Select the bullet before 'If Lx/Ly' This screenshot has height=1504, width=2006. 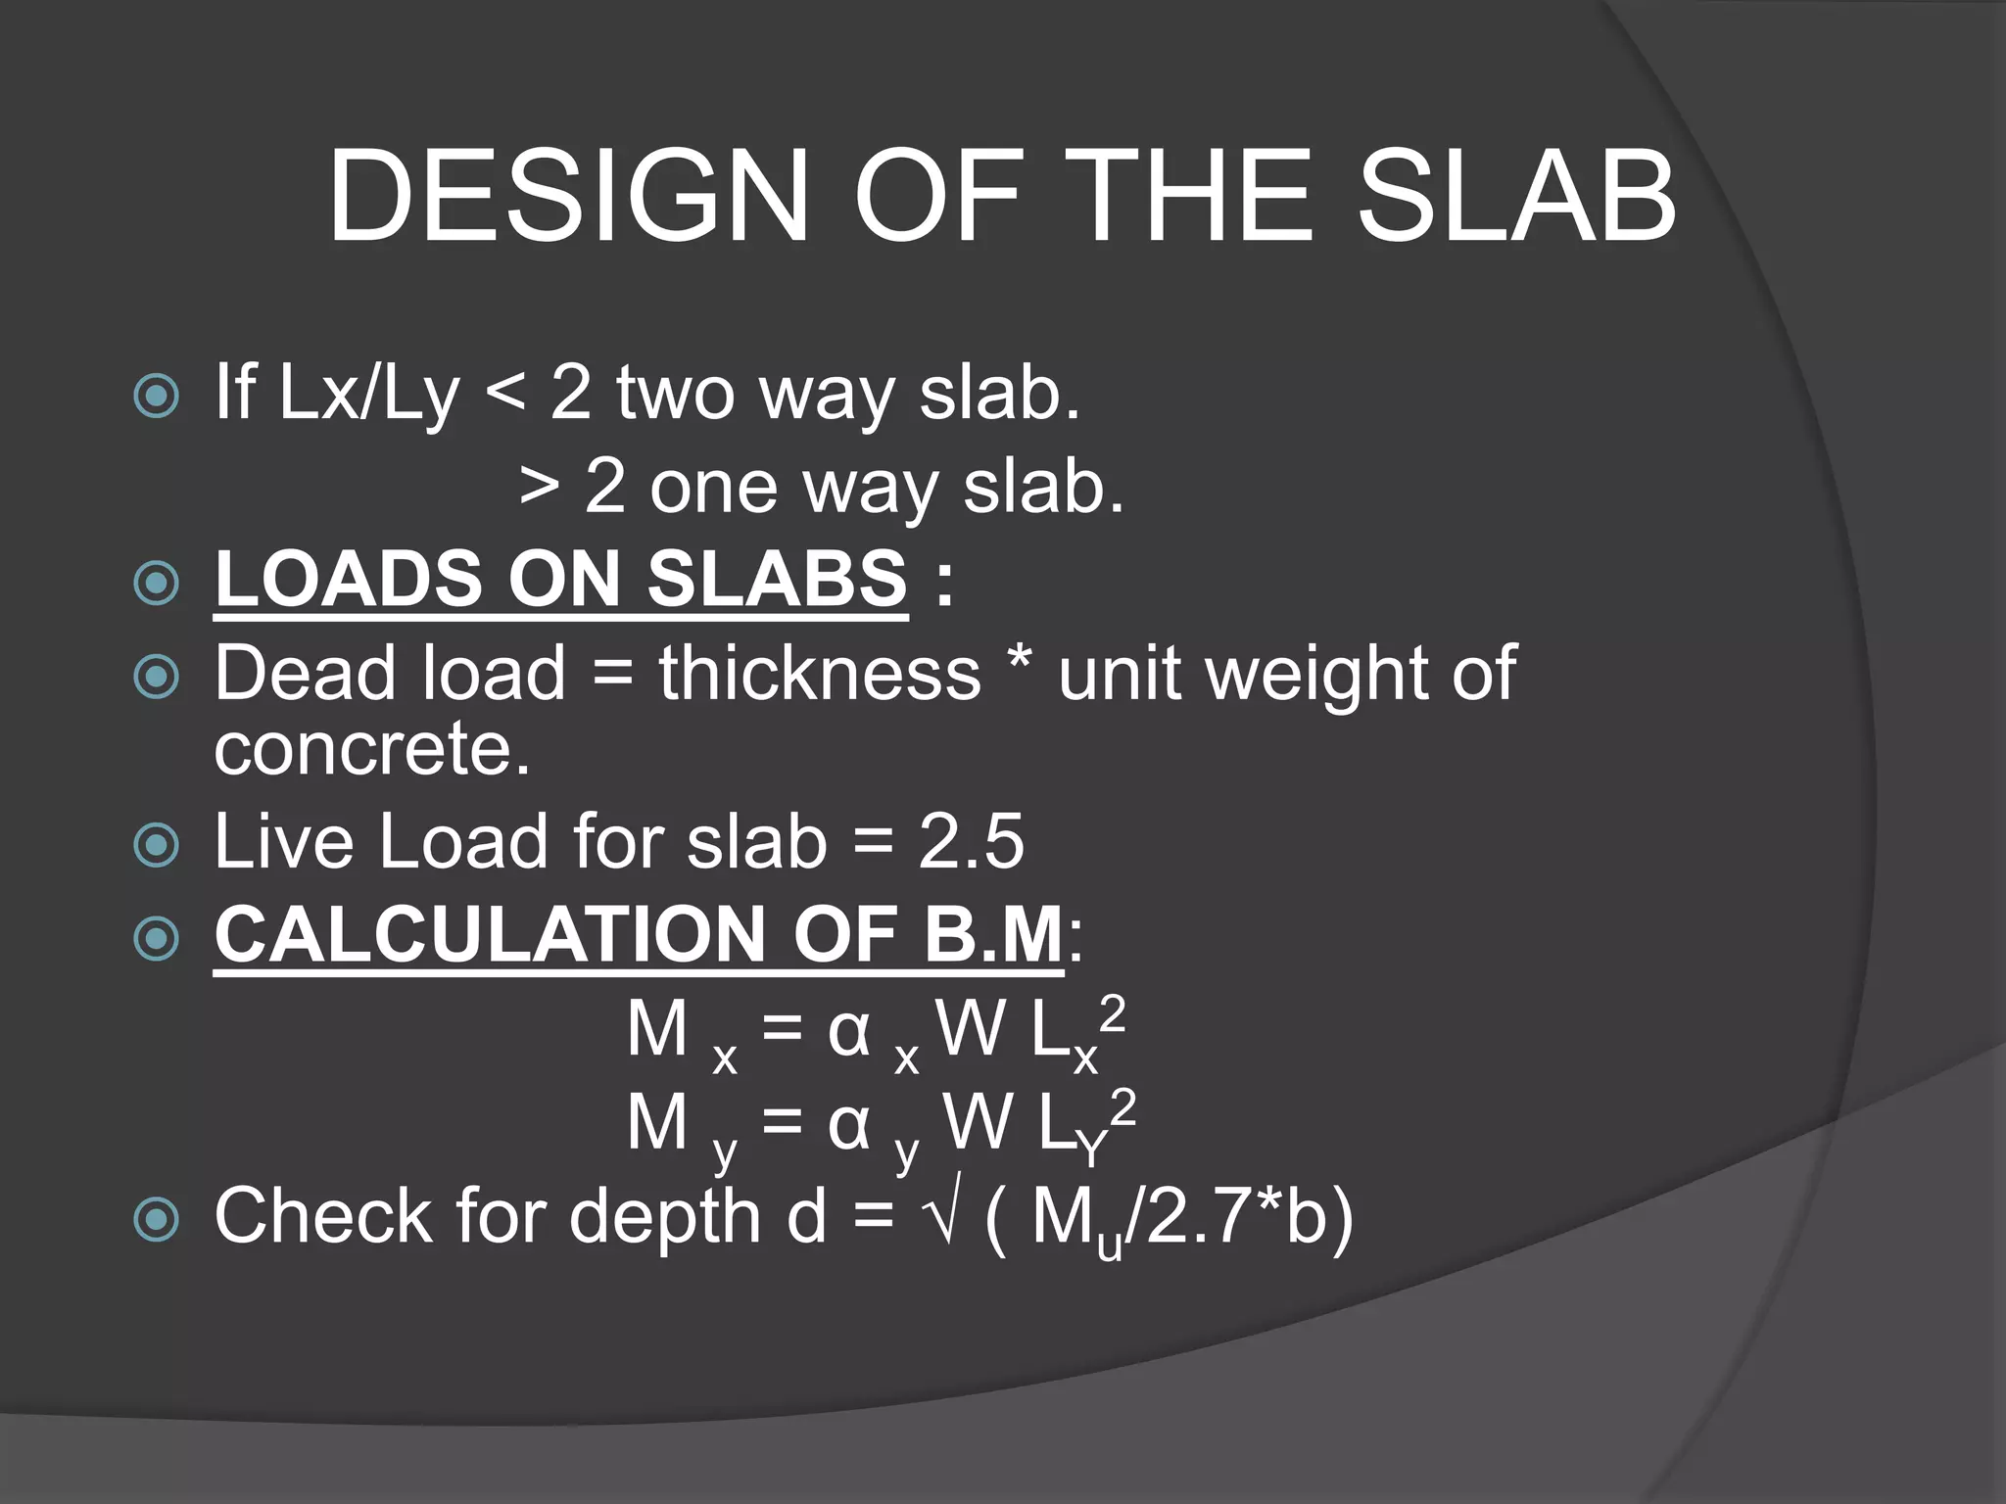click(157, 396)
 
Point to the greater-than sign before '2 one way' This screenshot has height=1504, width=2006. click(540, 487)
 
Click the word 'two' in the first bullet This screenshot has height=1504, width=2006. click(675, 394)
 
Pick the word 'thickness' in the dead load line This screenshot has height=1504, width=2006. click(819, 674)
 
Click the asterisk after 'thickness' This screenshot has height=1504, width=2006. click(1019, 662)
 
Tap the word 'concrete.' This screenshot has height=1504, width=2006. click(372, 750)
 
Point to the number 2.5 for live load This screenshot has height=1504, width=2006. click(971, 841)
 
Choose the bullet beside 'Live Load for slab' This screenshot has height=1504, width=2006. click(157, 845)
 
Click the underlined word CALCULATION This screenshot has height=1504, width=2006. click(490, 934)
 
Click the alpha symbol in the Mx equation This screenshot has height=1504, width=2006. click(848, 1031)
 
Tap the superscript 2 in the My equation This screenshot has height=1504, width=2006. click(1123, 1107)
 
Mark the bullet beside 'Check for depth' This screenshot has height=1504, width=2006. click(157, 1220)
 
